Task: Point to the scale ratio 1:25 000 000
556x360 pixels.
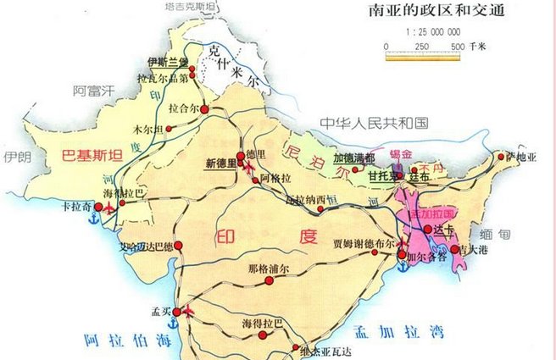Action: [419, 31]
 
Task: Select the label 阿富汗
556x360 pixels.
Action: [93, 91]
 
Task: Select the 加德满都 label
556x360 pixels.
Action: [353, 158]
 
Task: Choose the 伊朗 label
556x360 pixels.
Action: [16, 158]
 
